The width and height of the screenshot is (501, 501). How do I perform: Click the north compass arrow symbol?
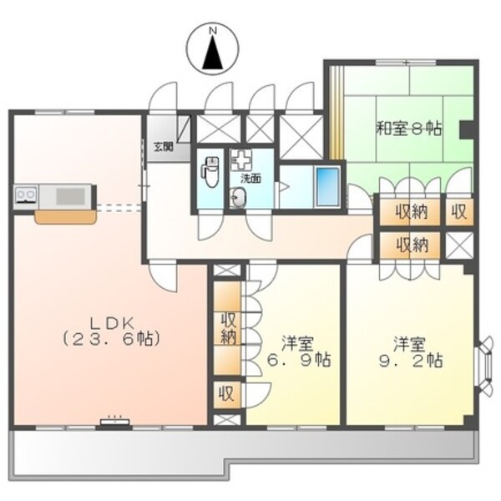click(213, 55)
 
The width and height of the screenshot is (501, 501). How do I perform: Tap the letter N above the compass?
click(213, 32)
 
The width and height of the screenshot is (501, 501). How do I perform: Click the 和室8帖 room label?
click(407, 129)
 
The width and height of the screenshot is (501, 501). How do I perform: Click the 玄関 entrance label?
click(163, 147)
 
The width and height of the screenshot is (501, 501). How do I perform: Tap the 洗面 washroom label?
click(250, 177)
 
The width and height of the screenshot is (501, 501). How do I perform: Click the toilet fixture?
click(209, 172)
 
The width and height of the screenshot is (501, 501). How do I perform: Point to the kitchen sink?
click(70, 196)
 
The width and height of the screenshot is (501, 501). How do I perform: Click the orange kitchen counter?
click(64, 217)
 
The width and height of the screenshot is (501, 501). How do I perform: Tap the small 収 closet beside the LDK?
click(226, 392)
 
